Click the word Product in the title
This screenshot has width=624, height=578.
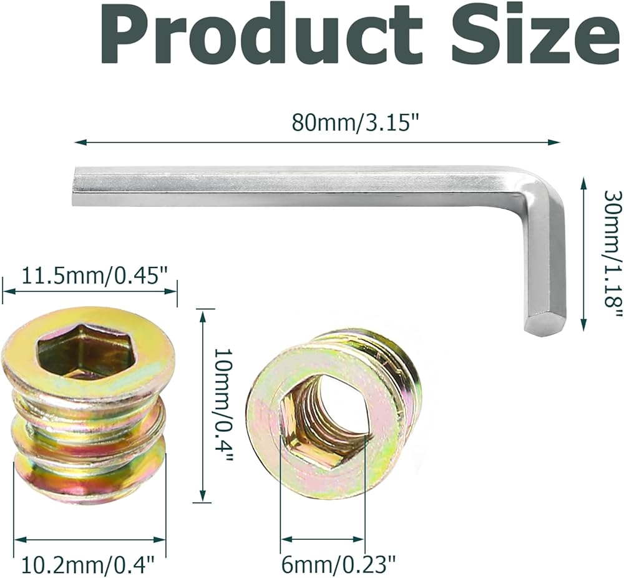click(x=260, y=37)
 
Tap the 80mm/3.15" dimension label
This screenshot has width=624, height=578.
click(x=356, y=122)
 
